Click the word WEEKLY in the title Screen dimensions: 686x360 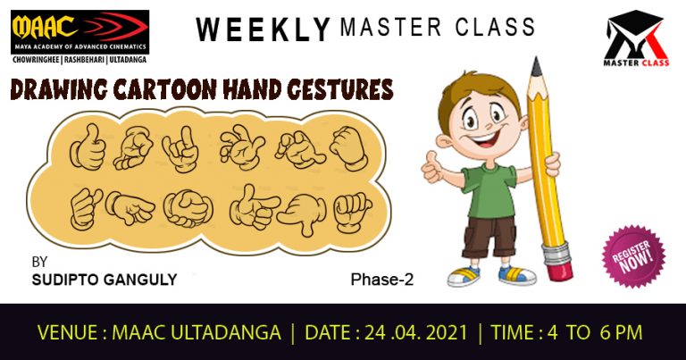[x=263, y=29]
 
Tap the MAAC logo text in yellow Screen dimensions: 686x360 [x=45, y=27]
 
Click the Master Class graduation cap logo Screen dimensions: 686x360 [x=636, y=38]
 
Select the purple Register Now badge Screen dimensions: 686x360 [x=633, y=256]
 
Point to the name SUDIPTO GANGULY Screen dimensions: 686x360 [x=105, y=280]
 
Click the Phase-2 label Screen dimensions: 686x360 [x=382, y=280]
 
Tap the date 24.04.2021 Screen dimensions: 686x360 [x=416, y=333]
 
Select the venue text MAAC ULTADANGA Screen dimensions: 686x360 [x=197, y=333]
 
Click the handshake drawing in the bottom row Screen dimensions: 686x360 [x=188, y=209]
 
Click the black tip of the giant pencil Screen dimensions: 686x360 [x=536, y=67]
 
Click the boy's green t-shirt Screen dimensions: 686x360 [x=489, y=190]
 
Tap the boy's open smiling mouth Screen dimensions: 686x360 [x=485, y=139]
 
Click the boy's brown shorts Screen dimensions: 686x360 [x=489, y=236]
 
